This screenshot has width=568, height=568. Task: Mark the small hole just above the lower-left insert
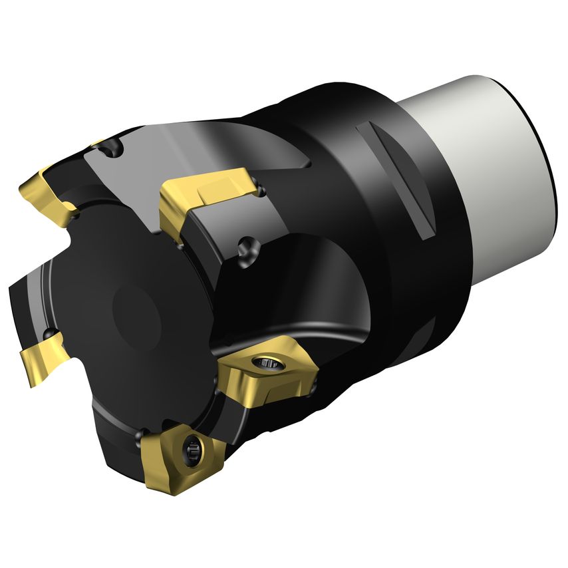(51, 332)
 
